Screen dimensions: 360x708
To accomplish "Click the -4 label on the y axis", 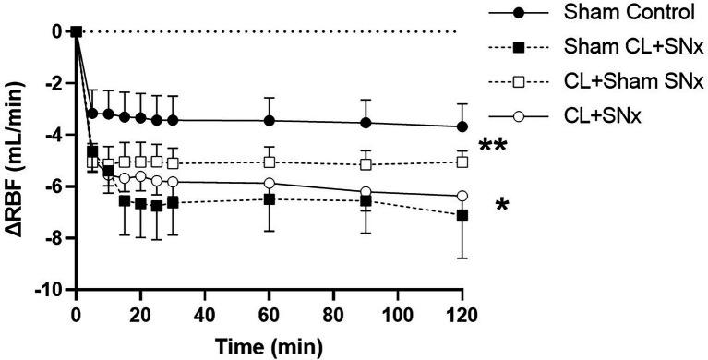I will coord(54,135).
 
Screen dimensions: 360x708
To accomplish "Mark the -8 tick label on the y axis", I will coord(54,238).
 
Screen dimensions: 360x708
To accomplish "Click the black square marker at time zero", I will coord(77,31).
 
